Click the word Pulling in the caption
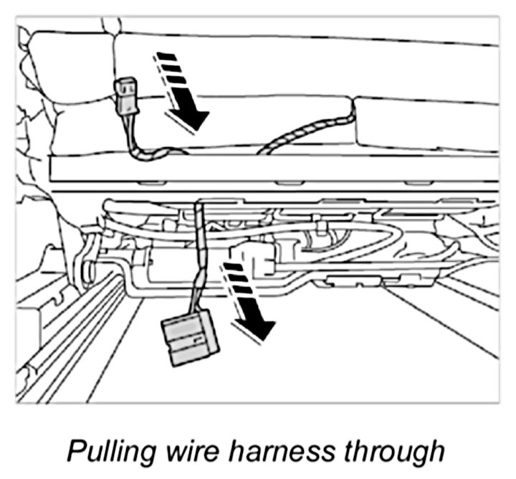(107, 451)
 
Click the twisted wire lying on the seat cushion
(308, 129)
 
